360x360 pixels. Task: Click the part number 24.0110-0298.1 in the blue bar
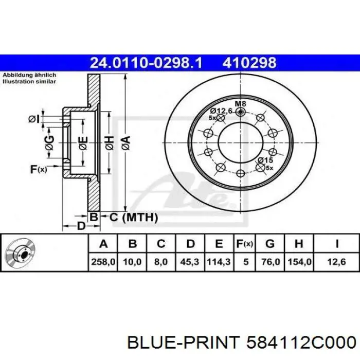[x=146, y=63]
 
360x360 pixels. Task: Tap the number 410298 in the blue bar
[x=249, y=63]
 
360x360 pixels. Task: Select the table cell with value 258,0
[x=103, y=262]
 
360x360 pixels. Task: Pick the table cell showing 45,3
[x=190, y=262]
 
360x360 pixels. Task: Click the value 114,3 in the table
[x=219, y=262]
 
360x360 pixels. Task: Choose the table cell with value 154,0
[x=299, y=262]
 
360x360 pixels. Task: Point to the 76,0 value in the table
[x=271, y=262]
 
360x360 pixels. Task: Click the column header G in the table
[x=270, y=244]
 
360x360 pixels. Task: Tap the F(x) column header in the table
[x=245, y=244]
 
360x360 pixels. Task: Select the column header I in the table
[x=336, y=244]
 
